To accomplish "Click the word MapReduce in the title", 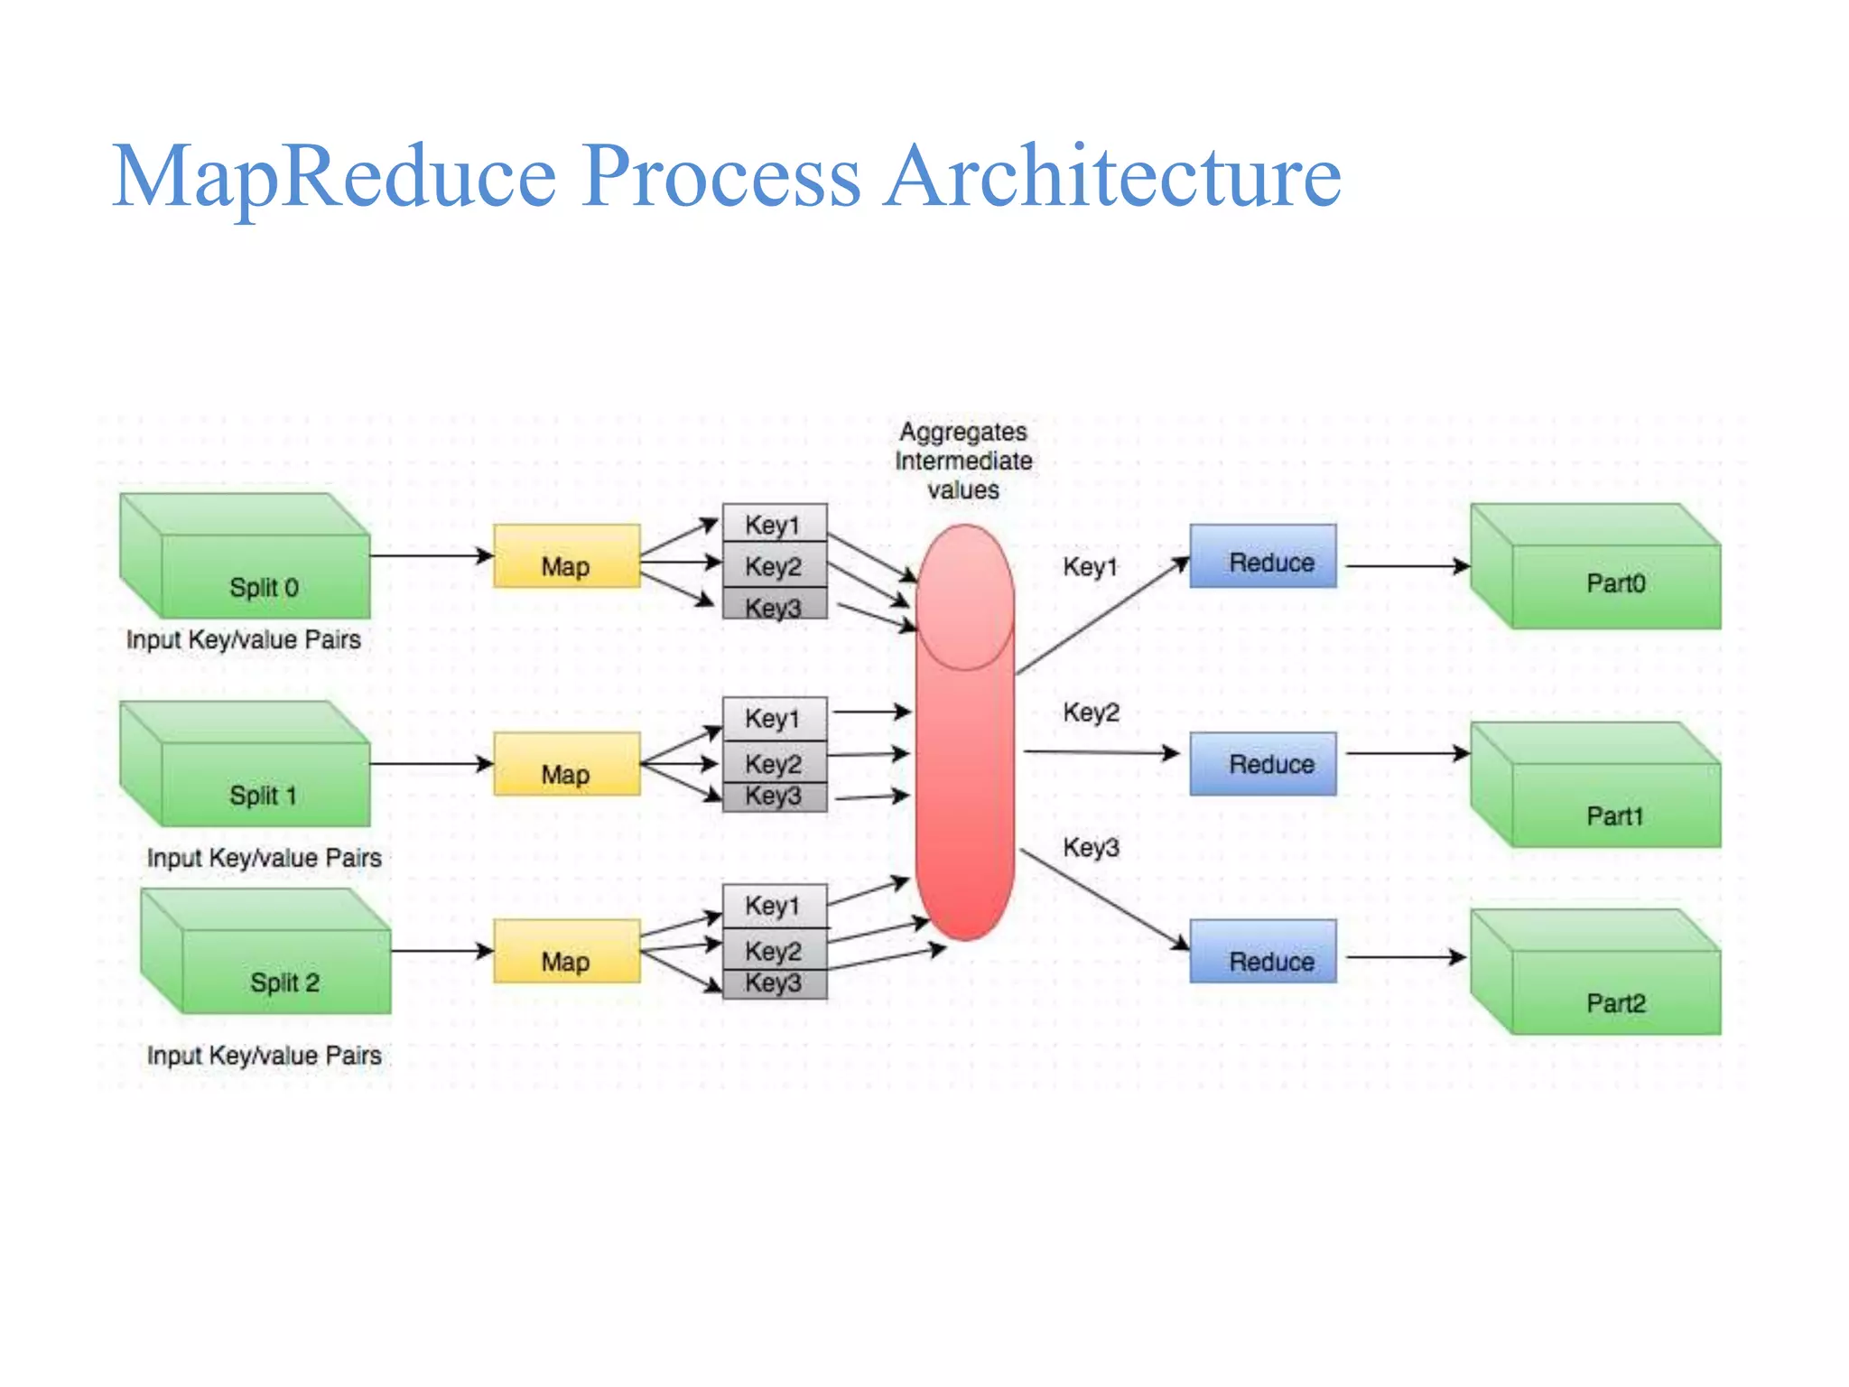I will pyautogui.click(x=334, y=176).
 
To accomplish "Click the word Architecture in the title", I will pyautogui.click(x=1112, y=176).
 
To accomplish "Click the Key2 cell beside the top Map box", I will pyautogui.click(x=774, y=566).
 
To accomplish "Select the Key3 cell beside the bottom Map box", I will pyautogui.click(x=774, y=983).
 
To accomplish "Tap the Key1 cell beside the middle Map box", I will pyautogui.click(x=774, y=719).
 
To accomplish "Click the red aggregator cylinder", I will pyautogui.click(x=964, y=768).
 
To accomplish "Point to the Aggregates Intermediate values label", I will pyautogui.click(x=963, y=461).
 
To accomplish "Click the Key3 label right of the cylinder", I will pyautogui.click(x=1091, y=847).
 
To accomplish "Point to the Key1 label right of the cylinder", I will pyautogui.click(x=1091, y=567).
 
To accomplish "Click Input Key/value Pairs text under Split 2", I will pyautogui.click(x=265, y=1055).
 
